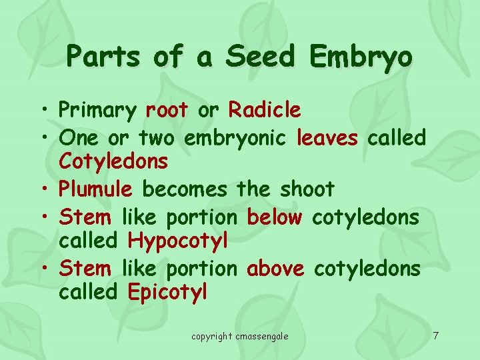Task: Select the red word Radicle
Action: [x=265, y=109]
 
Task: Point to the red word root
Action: [x=167, y=110]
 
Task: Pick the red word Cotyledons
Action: [x=113, y=161]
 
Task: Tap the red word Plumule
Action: [x=95, y=190]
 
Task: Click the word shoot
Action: [x=307, y=189]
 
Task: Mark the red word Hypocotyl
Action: [x=178, y=241]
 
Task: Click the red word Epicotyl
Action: [x=167, y=292]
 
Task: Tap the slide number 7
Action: [x=435, y=335]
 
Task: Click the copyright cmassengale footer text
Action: [x=240, y=336]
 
